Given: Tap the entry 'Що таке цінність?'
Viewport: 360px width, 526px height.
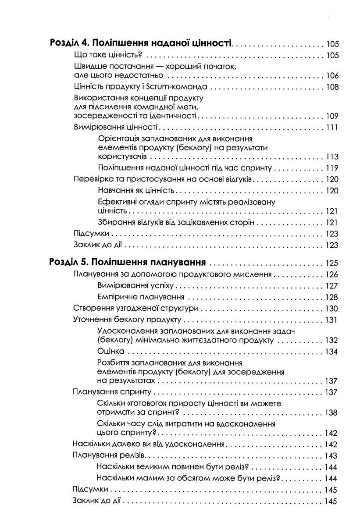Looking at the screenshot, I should pos(107,55).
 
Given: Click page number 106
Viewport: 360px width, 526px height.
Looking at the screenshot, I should pos(332,76).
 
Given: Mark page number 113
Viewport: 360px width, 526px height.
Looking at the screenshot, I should pos(332,156).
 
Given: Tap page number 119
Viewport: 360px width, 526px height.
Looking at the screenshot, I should pos(332,168).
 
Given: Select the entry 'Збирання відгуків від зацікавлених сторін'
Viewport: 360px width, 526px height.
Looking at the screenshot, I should pos(176,222).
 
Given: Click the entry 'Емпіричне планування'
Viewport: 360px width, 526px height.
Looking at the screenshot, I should pos(135,297).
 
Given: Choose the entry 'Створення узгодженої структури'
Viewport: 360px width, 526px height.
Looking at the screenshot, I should pos(135,308).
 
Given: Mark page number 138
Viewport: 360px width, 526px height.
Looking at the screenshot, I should pos(332,413).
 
